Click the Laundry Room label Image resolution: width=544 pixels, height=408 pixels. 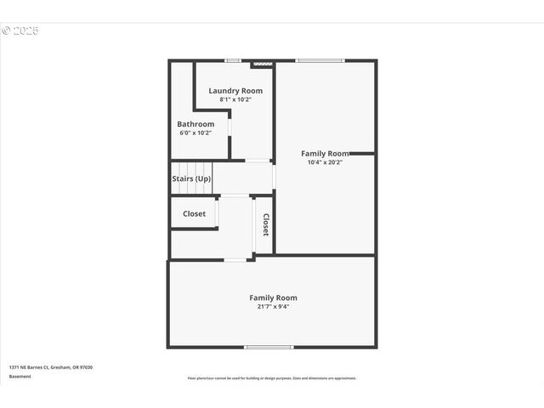[235, 90]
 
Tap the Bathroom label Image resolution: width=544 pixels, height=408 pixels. [195, 124]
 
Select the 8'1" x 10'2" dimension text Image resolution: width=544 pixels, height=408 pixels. [235, 99]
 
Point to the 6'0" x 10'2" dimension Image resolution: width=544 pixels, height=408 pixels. [195, 133]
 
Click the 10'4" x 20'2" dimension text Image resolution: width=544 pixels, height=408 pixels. [325, 162]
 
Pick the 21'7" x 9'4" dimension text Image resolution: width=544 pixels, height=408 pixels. [273, 307]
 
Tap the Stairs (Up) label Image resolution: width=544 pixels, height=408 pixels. [191, 178]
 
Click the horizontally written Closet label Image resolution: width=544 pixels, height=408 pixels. [194, 213]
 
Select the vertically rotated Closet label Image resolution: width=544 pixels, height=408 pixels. [265, 224]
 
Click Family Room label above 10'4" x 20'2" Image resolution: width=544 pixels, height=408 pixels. [325, 154]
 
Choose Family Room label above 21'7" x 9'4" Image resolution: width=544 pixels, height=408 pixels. [273, 297]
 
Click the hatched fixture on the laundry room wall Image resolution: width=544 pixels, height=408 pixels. [263, 63]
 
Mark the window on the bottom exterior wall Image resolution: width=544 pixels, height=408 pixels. [269, 347]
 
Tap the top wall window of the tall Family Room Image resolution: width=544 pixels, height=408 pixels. [320, 60]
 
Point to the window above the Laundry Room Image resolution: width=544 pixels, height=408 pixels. [232, 60]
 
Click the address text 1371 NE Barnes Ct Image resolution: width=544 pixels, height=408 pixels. [51, 367]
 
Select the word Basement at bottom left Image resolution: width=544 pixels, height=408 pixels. [20, 376]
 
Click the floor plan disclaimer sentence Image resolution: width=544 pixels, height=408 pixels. [272, 378]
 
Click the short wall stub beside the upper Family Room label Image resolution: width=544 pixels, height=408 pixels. [362, 154]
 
